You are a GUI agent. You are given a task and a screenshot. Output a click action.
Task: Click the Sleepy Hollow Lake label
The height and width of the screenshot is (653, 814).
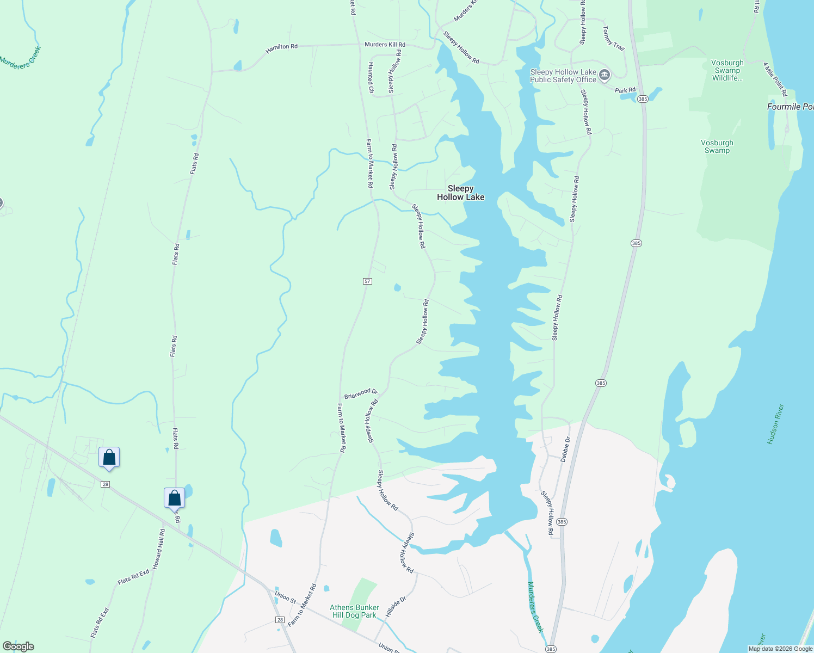(460, 193)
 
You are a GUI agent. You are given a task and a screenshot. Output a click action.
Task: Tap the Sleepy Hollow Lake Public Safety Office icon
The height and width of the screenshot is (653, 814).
(604, 75)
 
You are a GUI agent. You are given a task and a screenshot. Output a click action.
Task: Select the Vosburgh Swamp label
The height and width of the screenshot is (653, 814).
(717, 146)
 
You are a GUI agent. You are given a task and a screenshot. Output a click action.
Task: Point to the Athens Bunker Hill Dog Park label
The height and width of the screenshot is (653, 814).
(354, 611)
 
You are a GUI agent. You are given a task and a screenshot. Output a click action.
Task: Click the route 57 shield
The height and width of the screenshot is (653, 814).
(367, 281)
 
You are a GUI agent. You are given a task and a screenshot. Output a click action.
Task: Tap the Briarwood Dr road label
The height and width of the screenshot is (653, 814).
(361, 393)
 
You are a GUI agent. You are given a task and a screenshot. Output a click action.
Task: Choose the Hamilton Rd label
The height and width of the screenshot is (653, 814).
(281, 47)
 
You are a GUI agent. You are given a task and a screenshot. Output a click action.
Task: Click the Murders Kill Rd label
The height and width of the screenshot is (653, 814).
(385, 45)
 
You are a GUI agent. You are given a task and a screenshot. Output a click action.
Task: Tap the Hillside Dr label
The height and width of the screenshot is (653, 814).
(396, 606)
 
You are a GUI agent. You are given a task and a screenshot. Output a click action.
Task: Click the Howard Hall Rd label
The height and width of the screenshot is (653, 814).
(158, 549)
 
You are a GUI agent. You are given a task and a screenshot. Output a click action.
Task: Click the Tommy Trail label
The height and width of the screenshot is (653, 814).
(613, 38)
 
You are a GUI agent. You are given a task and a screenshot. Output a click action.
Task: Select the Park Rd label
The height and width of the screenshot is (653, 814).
(625, 90)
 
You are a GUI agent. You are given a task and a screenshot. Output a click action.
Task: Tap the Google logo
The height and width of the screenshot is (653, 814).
(18, 646)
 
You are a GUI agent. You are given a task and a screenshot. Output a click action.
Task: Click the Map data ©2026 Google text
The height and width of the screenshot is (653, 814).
(780, 649)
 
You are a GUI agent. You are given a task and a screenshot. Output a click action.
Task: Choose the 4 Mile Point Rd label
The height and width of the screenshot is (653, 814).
(775, 76)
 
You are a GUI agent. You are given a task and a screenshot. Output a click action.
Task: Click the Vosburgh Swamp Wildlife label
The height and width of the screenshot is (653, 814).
(727, 70)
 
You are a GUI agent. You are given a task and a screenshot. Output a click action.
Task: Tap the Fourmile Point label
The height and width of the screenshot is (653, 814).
(790, 107)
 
